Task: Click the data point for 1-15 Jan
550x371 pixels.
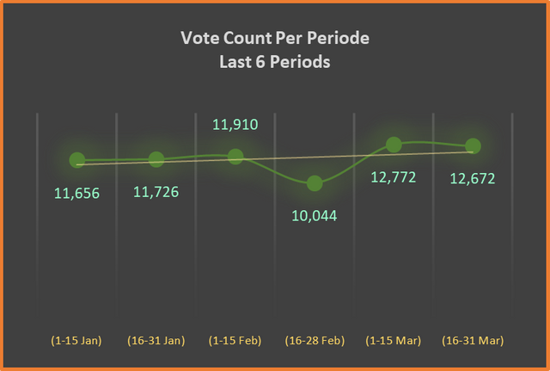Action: (x=77, y=160)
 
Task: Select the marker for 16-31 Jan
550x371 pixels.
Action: (x=156, y=159)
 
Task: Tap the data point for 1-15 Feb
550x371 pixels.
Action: (x=235, y=157)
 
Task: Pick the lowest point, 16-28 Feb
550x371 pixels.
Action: (x=315, y=183)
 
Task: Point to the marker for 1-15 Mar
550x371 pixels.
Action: (x=394, y=145)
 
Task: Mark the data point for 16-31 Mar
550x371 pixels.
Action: (x=473, y=146)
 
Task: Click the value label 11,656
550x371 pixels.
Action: (x=76, y=194)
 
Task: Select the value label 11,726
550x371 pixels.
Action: (x=156, y=192)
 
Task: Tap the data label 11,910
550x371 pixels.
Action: (x=235, y=125)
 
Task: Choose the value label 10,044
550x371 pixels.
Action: (x=315, y=216)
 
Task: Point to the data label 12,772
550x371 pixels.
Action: (x=394, y=177)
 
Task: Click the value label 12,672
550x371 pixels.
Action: (x=473, y=179)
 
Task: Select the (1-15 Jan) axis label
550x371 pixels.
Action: (x=76, y=340)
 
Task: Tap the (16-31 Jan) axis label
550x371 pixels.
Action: (x=156, y=340)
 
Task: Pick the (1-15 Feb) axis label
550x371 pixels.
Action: (x=235, y=340)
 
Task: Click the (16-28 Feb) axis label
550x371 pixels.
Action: (x=315, y=340)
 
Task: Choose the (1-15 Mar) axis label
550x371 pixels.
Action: (x=394, y=340)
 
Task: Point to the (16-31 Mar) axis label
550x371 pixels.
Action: (x=473, y=340)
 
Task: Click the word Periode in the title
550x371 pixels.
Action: (x=338, y=38)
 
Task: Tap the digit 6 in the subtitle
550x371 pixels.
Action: (x=260, y=62)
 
